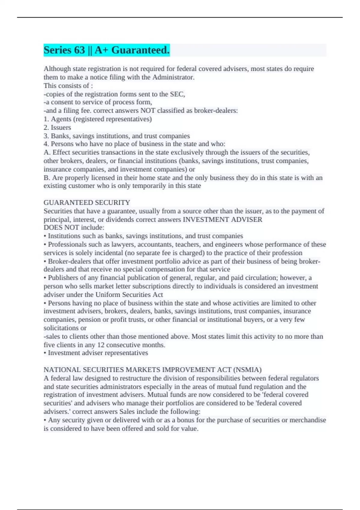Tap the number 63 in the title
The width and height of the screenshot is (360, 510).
pos(79,50)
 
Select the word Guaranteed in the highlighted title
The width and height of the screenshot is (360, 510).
pos(140,50)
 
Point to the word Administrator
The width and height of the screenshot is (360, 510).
pos(173,77)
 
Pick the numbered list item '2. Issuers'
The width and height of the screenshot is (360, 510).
pos(57,127)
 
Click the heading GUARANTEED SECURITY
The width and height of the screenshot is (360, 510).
pos(87,202)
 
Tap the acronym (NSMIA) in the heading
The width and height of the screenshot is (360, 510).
pos(247,370)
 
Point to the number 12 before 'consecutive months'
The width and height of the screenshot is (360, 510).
pos(100,345)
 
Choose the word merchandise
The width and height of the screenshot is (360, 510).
pos(308,420)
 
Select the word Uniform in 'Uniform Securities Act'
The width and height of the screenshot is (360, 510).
pos(107,295)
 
